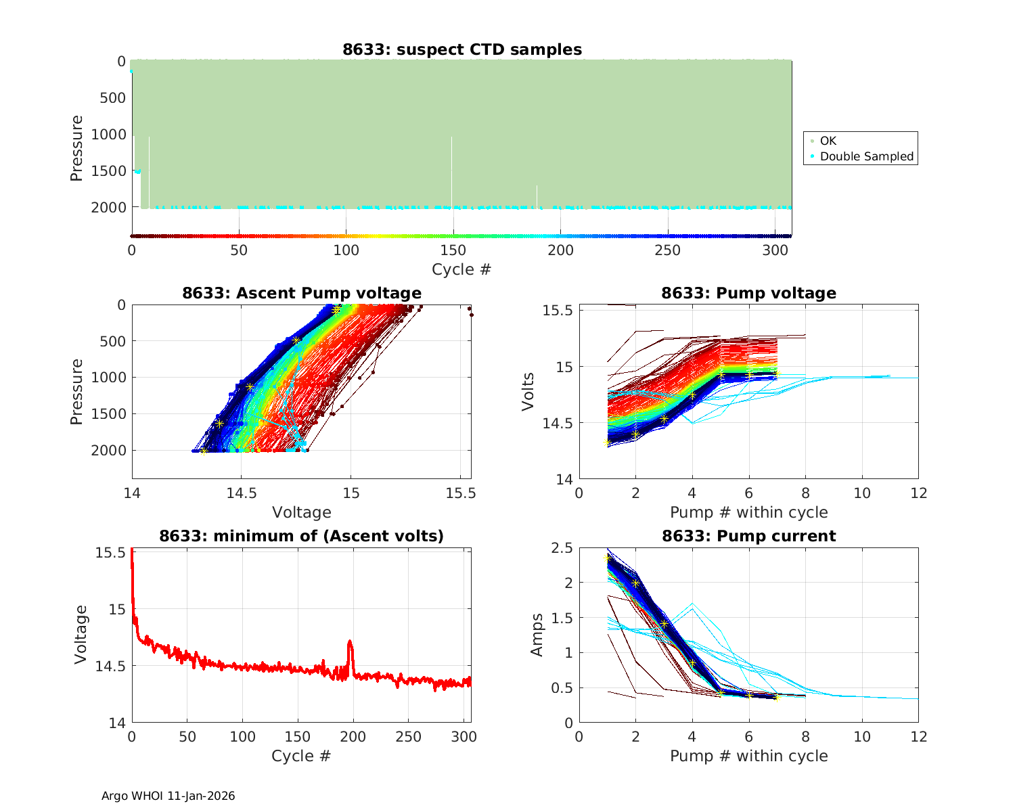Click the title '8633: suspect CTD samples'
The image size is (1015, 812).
click(x=461, y=49)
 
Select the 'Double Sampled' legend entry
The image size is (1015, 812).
click(x=866, y=156)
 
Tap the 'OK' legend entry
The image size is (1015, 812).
click(x=828, y=141)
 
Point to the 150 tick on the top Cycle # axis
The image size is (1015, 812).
click(x=453, y=250)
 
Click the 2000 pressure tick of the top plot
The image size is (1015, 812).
click(x=108, y=208)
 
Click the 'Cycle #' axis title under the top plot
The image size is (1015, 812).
click(x=461, y=269)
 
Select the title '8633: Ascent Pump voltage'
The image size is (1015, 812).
click(x=301, y=293)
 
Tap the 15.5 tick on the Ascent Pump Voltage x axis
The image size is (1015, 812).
click(x=461, y=493)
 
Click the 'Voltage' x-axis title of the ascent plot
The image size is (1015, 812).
click(x=301, y=512)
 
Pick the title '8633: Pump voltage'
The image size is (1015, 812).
click(x=748, y=293)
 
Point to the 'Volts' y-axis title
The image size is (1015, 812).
click(x=528, y=392)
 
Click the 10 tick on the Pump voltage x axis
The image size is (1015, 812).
click(x=862, y=493)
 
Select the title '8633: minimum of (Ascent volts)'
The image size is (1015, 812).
click(x=301, y=536)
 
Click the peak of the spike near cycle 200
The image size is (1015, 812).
click(x=350, y=641)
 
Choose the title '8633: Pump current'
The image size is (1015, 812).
click(x=748, y=536)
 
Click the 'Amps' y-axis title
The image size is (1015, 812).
click(x=537, y=635)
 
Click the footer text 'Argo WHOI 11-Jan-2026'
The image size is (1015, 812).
click(x=168, y=796)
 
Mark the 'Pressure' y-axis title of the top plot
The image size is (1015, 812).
click(x=76, y=148)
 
